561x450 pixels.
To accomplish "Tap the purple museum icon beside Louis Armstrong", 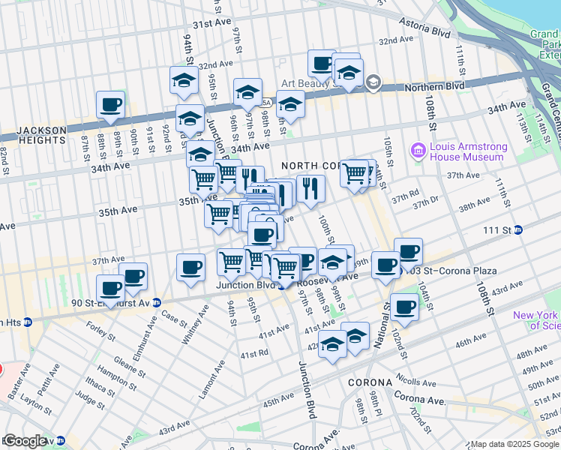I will click(418, 152).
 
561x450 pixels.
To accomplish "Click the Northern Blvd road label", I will click(430, 87).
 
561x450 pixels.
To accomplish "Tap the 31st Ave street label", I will click(211, 24).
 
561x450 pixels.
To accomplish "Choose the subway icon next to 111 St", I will click(518, 230).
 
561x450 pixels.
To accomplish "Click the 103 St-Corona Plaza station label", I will click(433, 269).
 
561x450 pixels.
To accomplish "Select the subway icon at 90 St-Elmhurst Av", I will click(157, 303).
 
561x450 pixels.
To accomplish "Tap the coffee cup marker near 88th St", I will click(110, 105).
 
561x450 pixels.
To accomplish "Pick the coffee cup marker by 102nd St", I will click(404, 307).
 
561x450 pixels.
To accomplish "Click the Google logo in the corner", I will click(25, 441).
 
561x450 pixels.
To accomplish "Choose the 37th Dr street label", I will click(424, 203).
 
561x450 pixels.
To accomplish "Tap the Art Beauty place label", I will click(309, 84).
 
